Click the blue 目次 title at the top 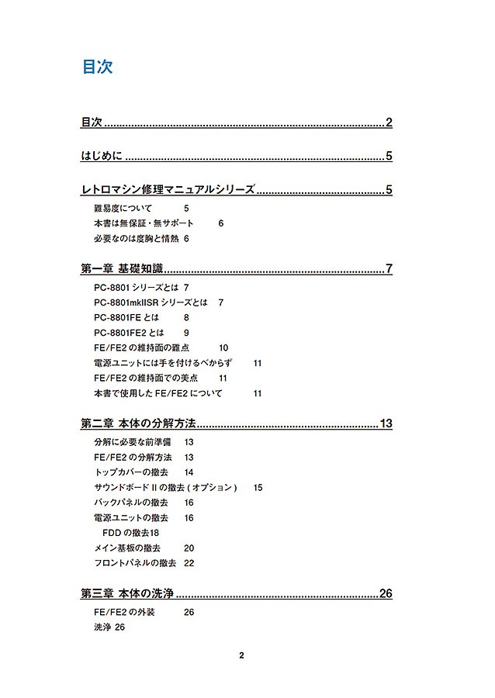pos(98,67)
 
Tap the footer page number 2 pos(241,655)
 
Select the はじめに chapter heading pos(102,157)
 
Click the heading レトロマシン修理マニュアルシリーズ pos(168,189)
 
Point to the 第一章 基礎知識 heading pos(122,270)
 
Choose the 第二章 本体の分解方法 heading pos(138,423)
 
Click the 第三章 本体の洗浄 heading pos(126,594)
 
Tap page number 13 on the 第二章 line pos(386,423)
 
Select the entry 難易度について pos(123,209)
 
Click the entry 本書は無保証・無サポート pos(144,223)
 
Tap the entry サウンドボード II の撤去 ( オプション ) pos(164,488)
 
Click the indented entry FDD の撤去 pos(124,533)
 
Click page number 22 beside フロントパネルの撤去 pos(189,563)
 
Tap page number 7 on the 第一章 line pos(389,270)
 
